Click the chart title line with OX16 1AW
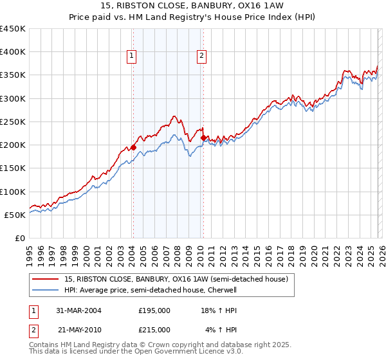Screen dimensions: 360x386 pyautogui.click(x=193, y=5)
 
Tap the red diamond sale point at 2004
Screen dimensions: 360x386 pyautogui.click(x=134, y=147)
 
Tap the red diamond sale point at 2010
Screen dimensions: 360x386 pyautogui.click(x=203, y=138)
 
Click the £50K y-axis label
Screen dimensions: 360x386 pyautogui.click(x=15, y=215)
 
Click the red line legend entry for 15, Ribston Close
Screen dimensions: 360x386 pyautogui.click(x=179, y=279)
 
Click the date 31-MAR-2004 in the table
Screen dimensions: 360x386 pyautogui.click(x=78, y=310)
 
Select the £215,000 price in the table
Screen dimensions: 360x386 pyautogui.click(x=154, y=329)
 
